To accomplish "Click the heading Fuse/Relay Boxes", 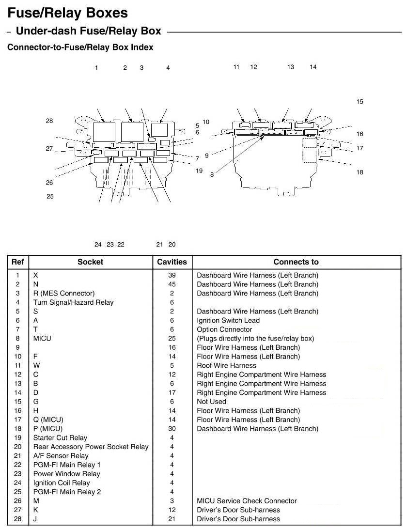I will click(x=68, y=13).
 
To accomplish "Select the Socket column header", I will click(x=90, y=262).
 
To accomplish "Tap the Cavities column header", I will click(x=172, y=262).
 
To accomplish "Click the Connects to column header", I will click(x=296, y=262).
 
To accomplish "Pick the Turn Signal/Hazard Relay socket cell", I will click(x=73, y=302).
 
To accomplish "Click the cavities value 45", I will click(x=172, y=284).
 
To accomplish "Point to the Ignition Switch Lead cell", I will click(x=228, y=320).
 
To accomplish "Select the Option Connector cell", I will click(x=224, y=329).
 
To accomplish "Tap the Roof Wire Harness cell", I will click(x=226, y=365).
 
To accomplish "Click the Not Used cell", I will click(x=211, y=402).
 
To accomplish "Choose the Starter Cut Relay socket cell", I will click(x=60, y=437).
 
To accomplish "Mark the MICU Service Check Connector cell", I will click(x=247, y=500).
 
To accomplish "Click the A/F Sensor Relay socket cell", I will click(x=61, y=455).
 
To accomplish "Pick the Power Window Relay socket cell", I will click(x=66, y=474).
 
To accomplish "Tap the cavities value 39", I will click(x=172, y=275).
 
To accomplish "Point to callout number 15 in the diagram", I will click(x=359, y=102).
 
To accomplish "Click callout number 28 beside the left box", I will click(x=49, y=121).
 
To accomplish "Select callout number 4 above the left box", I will click(x=168, y=68).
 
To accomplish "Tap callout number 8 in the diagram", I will click(x=212, y=175).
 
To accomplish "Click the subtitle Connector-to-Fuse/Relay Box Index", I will click(x=80, y=47).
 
